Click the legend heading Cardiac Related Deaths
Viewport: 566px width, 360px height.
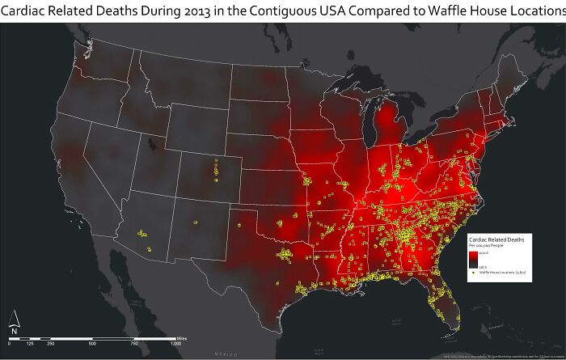tap(496, 240)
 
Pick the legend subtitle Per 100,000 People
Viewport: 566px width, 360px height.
tap(487, 247)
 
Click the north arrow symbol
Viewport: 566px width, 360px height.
tap(13, 321)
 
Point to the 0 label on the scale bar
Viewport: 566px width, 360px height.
tap(11, 344)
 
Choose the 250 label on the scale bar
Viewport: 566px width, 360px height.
tap(50, 344)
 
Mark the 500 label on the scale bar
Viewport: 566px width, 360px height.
tap(92, 344)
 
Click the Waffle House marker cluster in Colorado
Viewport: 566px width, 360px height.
tap(216, 170)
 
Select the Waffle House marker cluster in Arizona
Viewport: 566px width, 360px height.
tap(142, 235)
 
